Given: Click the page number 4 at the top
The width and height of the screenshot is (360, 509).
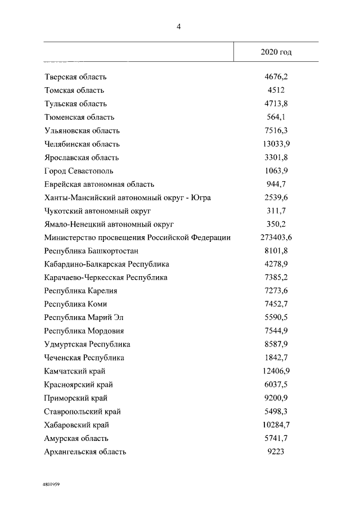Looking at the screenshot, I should point(178,26).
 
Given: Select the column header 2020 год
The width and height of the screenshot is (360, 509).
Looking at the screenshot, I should point(276,52).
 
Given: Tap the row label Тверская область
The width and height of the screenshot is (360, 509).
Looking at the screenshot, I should point(75,77).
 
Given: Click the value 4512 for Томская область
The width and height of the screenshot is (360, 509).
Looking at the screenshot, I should point(276,91).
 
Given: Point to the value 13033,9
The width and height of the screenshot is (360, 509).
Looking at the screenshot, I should point(276,144).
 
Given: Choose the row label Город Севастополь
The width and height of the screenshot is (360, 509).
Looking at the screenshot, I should point(79,171).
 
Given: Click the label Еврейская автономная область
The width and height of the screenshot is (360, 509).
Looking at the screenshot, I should point(99,184).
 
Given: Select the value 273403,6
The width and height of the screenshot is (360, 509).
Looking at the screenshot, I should point(276,238).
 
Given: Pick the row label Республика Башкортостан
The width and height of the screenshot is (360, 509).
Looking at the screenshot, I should point(91,251).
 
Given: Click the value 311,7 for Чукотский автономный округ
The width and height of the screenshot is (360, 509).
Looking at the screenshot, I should point(276,211).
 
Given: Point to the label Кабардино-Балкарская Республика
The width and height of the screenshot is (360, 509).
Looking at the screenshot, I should point(106,264).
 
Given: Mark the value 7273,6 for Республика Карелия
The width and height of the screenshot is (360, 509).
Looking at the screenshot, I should point(276,291).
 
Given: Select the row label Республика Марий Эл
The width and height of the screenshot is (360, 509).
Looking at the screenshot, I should point(83,318).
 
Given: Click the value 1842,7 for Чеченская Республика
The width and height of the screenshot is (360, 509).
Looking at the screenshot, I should point(276,358).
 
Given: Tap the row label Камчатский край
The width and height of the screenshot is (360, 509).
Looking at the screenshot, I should point(74,371).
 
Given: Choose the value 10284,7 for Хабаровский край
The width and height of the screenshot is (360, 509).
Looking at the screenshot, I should point(276,425).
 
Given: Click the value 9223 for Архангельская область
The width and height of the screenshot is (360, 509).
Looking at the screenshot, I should point(276,452).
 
